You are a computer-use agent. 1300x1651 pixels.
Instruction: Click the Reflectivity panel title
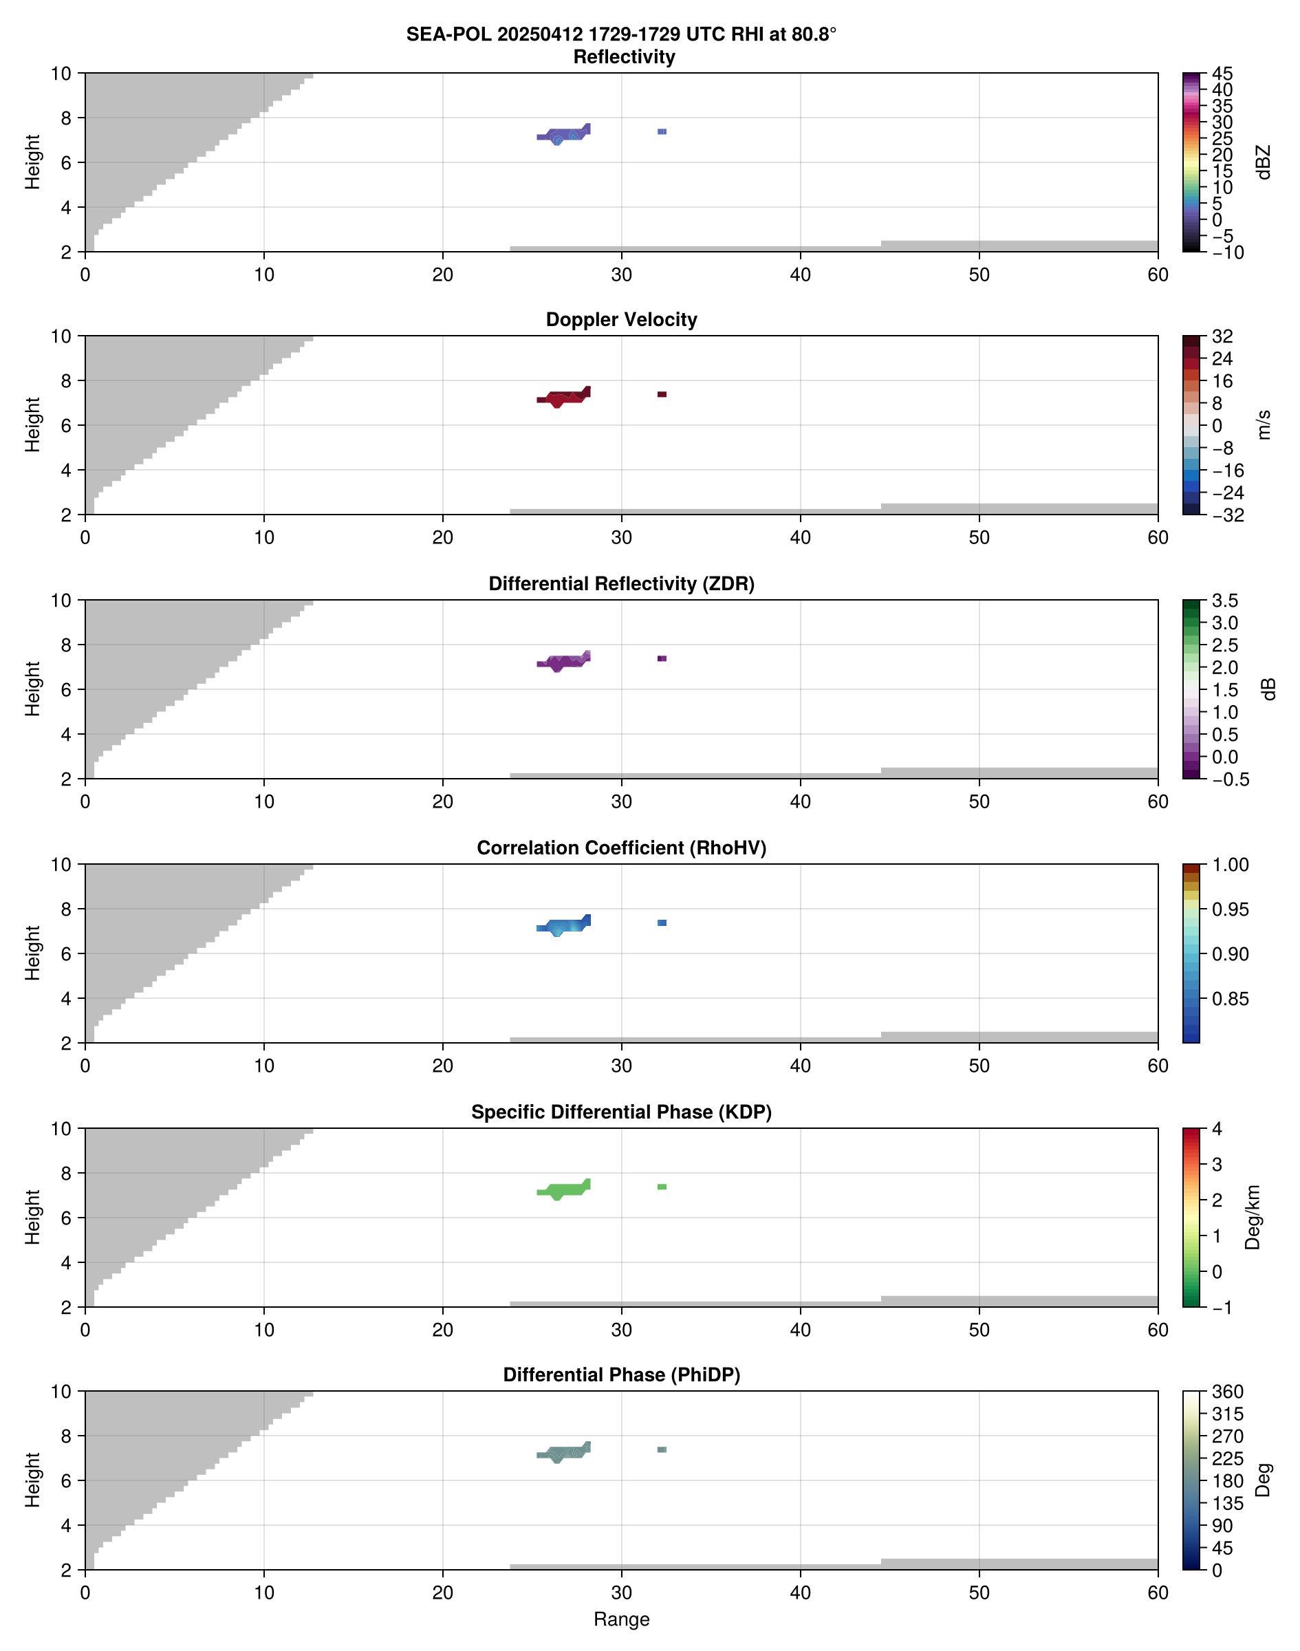click(x=624, y=57)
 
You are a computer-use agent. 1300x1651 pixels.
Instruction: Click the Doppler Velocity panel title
click(x=621, y=320)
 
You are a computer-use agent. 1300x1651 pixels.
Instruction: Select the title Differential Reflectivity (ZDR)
click(x=621, y=584)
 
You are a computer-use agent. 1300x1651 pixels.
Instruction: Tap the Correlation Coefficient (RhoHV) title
click(x=621, y=848)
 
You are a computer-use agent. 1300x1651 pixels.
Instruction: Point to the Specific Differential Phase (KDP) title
click(x=621, y=1112)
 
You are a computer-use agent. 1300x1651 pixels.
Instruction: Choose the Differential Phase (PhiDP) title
click(x=621, y=1374)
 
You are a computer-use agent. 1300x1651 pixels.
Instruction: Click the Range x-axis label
click(x=621, y=1619)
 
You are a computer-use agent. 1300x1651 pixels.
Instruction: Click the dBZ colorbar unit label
click(x=1264, y=162)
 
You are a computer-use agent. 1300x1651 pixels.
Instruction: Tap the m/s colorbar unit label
click(x=1264, y=424)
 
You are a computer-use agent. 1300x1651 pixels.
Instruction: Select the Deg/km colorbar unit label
click(x=1252, y=1217)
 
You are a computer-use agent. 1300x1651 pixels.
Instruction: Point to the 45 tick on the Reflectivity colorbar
click(x=1222, y=74)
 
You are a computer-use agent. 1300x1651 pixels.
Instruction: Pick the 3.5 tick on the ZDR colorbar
click(x=1224, y=601)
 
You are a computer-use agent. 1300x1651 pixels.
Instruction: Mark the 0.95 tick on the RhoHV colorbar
click(x=1229, y=909)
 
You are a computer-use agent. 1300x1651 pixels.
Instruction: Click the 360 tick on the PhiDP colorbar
click(x=1226, y=1392)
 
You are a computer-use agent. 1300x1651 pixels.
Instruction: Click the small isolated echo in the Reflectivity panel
click(x=662, y=131)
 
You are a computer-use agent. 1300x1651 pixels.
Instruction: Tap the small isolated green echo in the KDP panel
click(x=662, y=1187)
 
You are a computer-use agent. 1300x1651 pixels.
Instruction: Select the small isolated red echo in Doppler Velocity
click(x=662, y=394)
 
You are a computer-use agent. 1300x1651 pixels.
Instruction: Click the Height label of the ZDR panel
click(x=32, y=689)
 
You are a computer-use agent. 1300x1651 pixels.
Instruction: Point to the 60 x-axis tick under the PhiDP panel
click(x=1158, y=1593)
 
